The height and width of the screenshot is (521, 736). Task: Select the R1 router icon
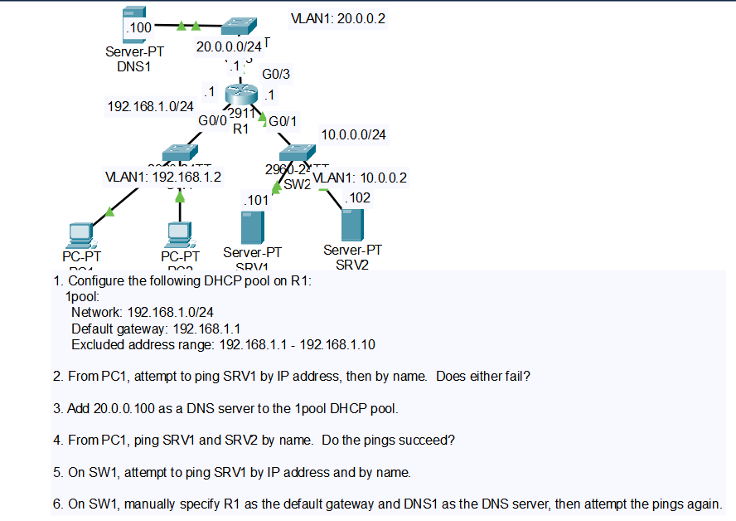tap(240, 95)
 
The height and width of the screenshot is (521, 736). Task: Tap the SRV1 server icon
tap(252, 227)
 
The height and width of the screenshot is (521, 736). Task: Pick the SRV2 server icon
tap(352, 225)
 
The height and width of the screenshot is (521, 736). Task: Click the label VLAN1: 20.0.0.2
tap(339, 18)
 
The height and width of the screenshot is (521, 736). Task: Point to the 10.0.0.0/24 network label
tap(354, 134)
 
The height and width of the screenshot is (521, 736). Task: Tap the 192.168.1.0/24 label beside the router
tap(151, 106)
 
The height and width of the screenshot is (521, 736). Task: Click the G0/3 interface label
tap(276, 75)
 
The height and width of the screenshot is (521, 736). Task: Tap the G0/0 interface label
tap(212, 120)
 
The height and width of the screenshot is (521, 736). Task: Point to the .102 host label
tap(357, 197)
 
